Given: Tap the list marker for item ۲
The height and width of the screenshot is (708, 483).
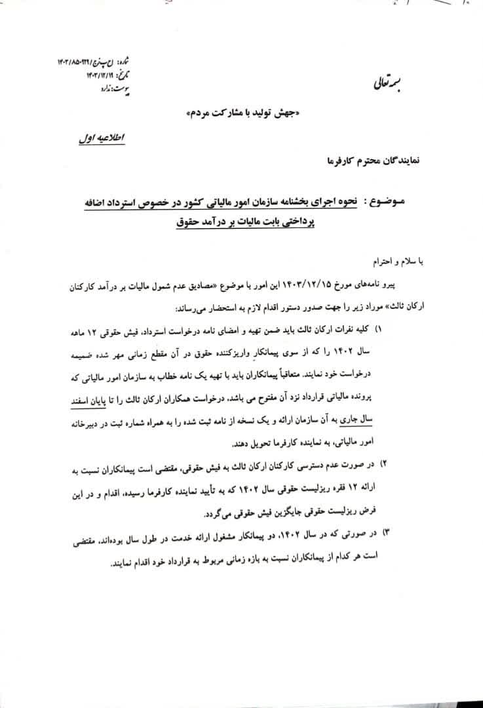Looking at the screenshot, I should [385, 465].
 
